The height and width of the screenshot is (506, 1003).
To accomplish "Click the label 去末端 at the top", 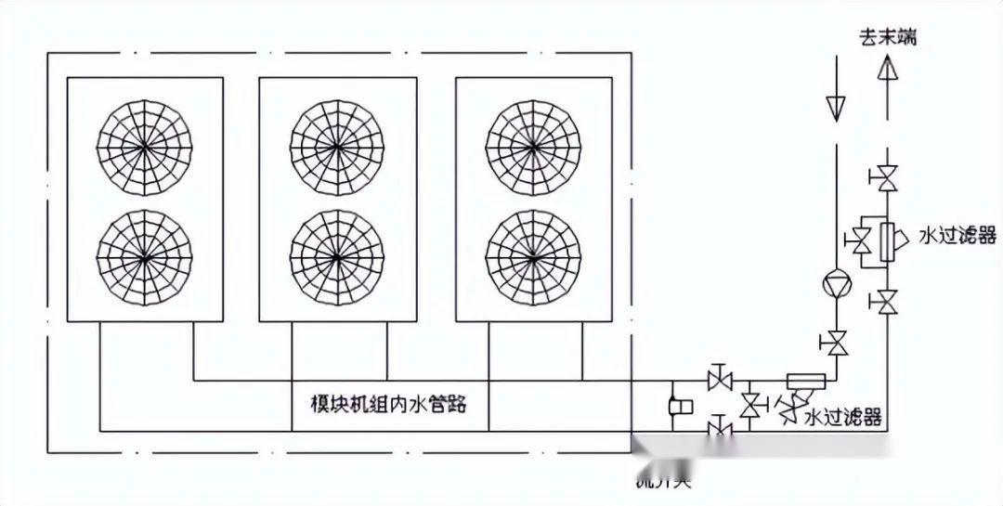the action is click(x=887, y=38).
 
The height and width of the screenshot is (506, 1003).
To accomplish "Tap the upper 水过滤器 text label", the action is click(x=957, y=235).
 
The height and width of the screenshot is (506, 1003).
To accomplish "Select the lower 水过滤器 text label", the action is click(x=842, y=418).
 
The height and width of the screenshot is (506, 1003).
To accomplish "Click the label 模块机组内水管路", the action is click(x=387, y=405).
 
